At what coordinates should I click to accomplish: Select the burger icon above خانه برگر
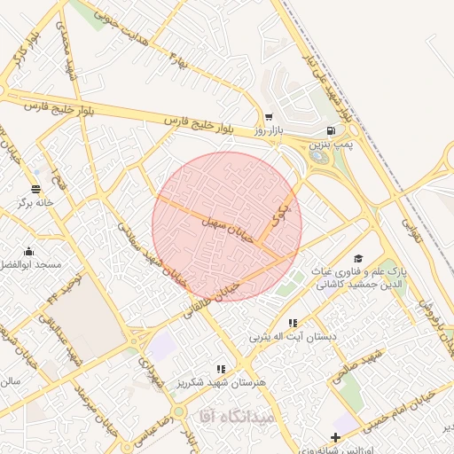[36, 188]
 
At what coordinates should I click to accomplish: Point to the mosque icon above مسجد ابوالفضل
[29, 251]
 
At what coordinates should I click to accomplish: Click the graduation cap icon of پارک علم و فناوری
[358, 257]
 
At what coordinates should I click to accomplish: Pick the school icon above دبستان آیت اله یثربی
[293, 323]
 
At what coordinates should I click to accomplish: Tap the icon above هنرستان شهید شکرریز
[221, 368]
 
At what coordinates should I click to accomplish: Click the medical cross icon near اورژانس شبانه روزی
[334, 437]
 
